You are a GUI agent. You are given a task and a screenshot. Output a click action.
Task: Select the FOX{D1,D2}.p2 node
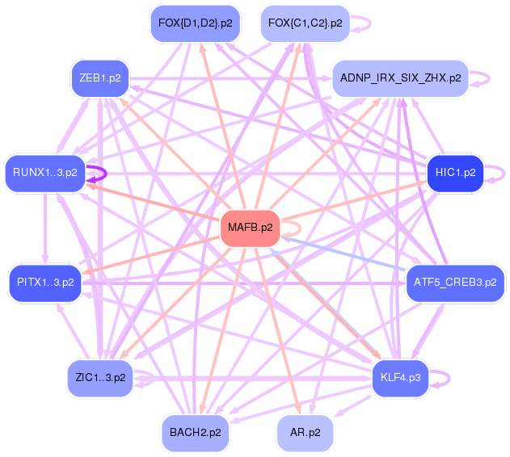195,23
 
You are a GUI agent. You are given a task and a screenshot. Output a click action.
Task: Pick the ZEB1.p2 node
99,78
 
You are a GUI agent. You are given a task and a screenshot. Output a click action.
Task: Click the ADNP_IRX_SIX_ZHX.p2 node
400,78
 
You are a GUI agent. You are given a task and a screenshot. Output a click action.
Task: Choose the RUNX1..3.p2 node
45,173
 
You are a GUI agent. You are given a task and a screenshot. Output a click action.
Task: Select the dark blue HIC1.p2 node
454,173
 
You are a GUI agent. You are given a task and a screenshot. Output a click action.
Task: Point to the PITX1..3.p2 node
45,283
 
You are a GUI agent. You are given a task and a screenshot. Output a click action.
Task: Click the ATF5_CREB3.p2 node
455,283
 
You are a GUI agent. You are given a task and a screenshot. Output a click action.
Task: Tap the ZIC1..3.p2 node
99,377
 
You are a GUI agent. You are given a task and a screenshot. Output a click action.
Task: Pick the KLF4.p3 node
400,377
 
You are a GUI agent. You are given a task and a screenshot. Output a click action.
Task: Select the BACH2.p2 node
195,433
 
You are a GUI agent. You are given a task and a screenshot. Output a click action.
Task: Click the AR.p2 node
304,433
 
